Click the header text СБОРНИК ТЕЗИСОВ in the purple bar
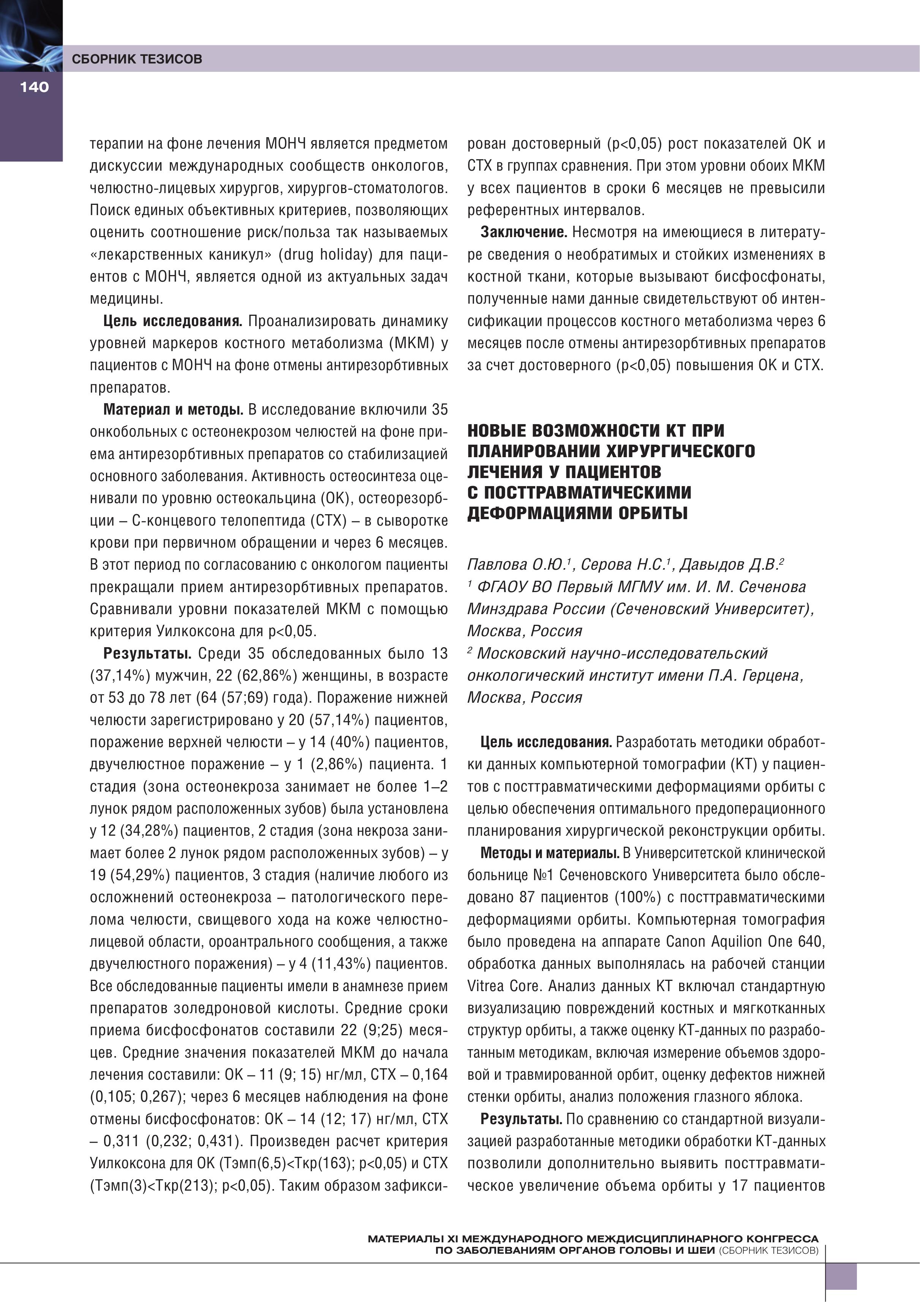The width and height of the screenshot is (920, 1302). pyautogui.click(x=137, y=59)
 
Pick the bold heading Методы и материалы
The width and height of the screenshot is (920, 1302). pyautogui.click(x=549, y=853)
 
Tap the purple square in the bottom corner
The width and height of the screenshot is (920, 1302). pyautogui.click(x=841, y=1277)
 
